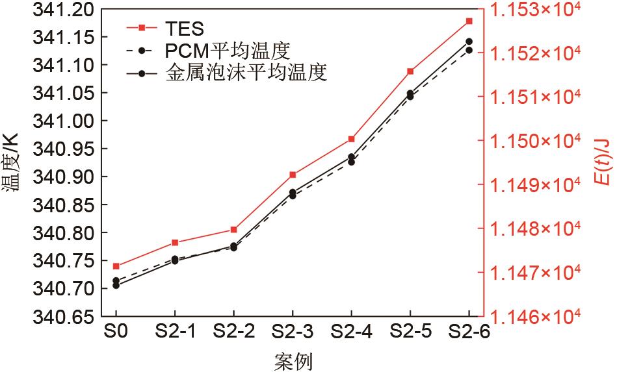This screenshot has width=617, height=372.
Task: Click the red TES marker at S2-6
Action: pos(469,21)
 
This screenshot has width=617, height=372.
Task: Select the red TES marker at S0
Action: pos(116,266)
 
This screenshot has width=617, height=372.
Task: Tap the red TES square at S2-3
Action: pos(293,175)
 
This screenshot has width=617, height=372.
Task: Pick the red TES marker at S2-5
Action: pos(410,71)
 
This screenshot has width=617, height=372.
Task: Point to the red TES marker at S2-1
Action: pos(175,243)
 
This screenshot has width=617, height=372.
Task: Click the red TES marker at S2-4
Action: pos(351,139)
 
